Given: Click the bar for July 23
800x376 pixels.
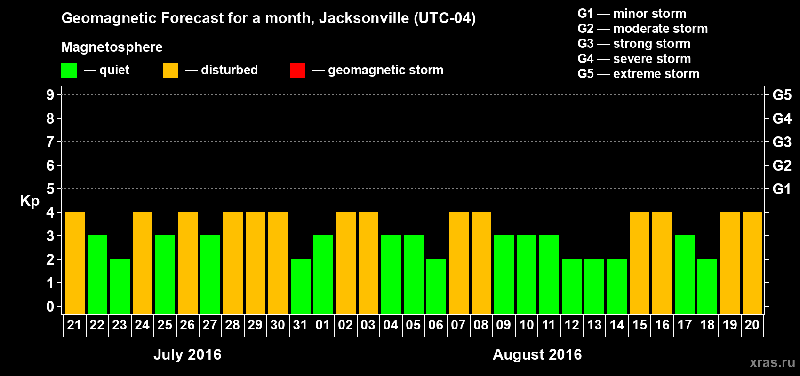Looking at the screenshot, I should pyautogui.click(x=120, y=286).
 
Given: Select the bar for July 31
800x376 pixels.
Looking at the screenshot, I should pyautogui.click(x=301, y=286).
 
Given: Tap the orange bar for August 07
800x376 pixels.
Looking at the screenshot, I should pyautogui.click(x=459, y=263).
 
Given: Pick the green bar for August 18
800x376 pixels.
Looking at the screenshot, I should pyautogui.click(x=707, y=286).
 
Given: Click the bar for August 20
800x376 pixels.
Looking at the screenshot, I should pyautogui.click(x=752, y=263).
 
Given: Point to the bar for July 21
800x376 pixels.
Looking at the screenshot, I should pyautogui.click(x=75, y=263).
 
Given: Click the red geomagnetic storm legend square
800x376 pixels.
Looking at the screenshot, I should pyautogui.click(x=297, y=70).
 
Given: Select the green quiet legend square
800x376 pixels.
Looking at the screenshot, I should pyautogui.click(x=69, y=70).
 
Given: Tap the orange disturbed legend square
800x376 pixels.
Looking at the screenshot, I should pyautogui.click(x=170, y=70).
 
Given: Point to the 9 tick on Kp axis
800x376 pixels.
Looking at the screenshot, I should pyautogui.click(x=50, y=95).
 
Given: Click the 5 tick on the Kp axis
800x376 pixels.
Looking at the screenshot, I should pyautogui.click(x=50, y=189).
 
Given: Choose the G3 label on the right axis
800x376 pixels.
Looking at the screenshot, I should pyautogui.click(x=782, y=142).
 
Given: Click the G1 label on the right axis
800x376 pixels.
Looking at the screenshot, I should pyautogui.click(x=782, y=189).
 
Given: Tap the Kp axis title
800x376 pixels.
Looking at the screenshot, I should pyautogui.click(x=30, y=201).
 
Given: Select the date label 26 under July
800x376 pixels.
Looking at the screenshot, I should pyautogui.click(x=187, y=325).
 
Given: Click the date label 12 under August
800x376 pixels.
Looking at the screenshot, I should pyautogui.click(x=572, y=325).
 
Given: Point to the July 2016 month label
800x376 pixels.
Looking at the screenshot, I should pyautogui.click(x=187, y=354).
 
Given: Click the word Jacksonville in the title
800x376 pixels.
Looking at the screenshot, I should pyautogui.click(x=364, y=18).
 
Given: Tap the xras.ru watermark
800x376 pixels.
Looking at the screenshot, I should pyautogui.click(x=772, y=362).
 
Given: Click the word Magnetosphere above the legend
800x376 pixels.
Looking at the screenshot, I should pyautogui.click(x=112, y=47).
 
